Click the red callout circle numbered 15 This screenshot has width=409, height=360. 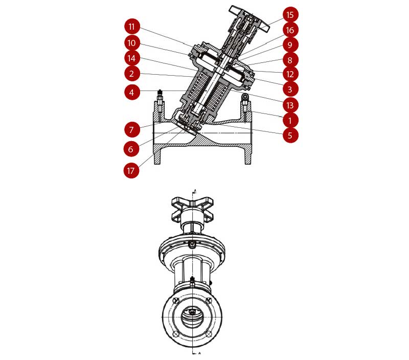290,15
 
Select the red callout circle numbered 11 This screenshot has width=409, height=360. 132,27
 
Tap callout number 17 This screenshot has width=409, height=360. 131,171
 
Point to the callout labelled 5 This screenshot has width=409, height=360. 290,135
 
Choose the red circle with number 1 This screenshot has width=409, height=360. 290,121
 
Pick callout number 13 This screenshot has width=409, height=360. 290,105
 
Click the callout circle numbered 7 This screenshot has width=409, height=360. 132,129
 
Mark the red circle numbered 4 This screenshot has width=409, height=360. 132,92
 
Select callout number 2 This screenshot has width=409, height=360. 132,74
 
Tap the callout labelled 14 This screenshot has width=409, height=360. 132,58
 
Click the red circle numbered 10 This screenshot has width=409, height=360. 132,43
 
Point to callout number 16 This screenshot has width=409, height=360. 290,30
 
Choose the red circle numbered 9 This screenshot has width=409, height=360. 290,45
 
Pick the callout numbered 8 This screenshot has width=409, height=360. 290,60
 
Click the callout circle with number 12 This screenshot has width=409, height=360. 290,74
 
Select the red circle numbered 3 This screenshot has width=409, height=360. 290,89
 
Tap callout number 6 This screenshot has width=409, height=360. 131,149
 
